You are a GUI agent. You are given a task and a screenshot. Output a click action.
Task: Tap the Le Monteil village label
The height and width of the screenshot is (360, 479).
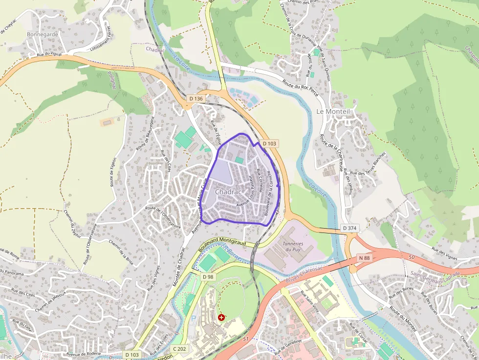point(333,111)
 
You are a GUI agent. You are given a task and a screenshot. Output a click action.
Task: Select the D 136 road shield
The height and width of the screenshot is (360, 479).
point(196,99)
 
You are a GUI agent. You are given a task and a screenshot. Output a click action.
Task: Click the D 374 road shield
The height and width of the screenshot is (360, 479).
point(349,228)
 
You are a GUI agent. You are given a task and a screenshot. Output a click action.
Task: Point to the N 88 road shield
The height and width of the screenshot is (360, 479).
point(364,258)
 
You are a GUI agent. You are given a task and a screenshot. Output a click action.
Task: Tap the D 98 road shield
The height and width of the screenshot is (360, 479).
point(208,277)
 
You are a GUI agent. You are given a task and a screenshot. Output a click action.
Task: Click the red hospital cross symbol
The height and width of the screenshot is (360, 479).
point(222,318)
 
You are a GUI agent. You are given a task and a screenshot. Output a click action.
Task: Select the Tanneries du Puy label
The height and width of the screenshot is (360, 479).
point(293,247)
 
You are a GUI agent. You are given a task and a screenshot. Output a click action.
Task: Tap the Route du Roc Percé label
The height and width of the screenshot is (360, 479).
point(300,87)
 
